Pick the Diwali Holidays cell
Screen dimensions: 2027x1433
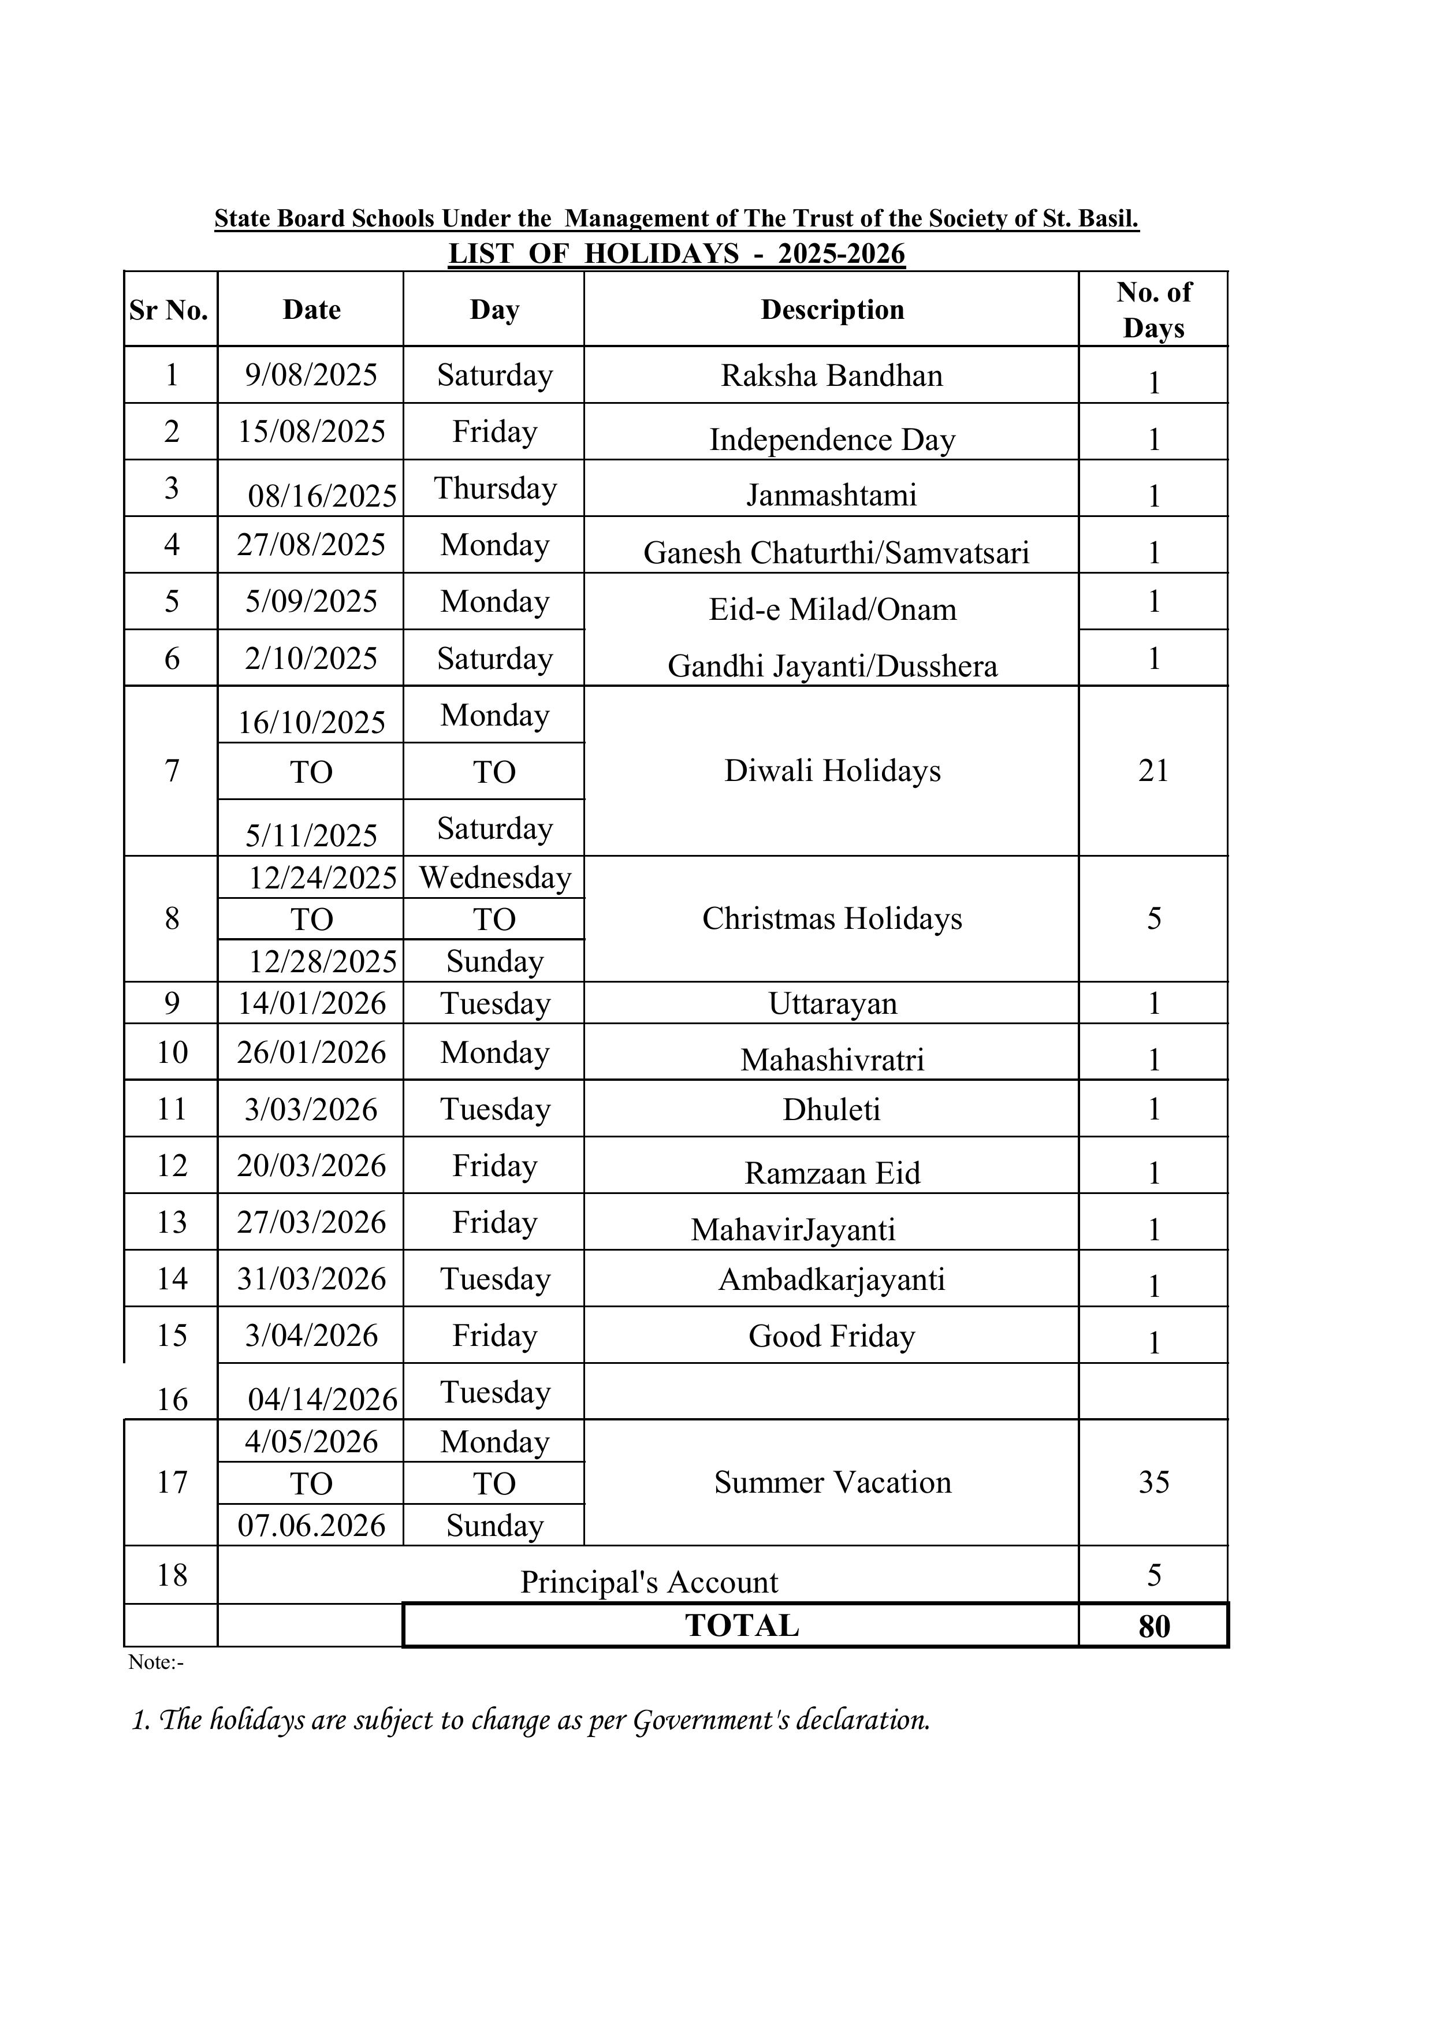pyautogui.click(x=832, y=771)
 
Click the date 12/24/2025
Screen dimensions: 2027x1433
pyautogui.click(x=322, y=877)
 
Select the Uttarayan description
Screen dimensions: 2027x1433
pyautogui.click(x=832, y=1004)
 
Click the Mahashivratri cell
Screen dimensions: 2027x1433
pyautogui.click(x=832, y=1059)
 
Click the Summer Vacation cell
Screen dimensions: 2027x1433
pyautogui.click(x=832, y=1482)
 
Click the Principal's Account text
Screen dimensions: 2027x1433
pyautogui.click(x=649, y=1582)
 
